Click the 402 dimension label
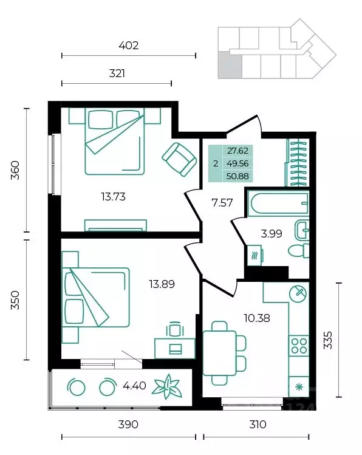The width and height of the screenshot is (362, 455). (x=129, y=46)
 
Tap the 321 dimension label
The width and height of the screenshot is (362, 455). (x=117, y=74)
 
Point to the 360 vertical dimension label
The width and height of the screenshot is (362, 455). (x=15, y=170)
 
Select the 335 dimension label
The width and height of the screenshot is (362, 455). (x=328, y=340)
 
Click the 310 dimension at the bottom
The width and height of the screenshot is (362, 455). (x=258, y=425)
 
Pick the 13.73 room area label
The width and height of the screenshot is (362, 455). (x=114, y=197)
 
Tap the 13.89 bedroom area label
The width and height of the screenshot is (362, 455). (x=162, y=284)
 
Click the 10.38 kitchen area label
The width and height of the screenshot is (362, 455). (x=257, y=318)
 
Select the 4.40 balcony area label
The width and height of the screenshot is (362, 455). (x=134, y=386)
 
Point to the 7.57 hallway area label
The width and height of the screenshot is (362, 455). (x=222, y=202)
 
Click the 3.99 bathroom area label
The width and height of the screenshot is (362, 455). (x=271, y=233)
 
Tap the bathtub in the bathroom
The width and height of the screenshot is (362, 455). (x=278, y=204)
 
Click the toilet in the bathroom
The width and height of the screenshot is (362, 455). (x=299, y=251)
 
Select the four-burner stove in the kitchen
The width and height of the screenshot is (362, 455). (x=299, y=346)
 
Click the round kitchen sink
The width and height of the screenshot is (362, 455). (x=298, y=294)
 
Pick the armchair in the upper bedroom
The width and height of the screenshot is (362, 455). (x=179, y=159)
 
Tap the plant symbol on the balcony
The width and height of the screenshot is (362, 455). (x=168, y=386)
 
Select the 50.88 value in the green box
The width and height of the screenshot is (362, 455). (x=237, y=176)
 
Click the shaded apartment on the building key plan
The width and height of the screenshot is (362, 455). (x=230, y=65)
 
